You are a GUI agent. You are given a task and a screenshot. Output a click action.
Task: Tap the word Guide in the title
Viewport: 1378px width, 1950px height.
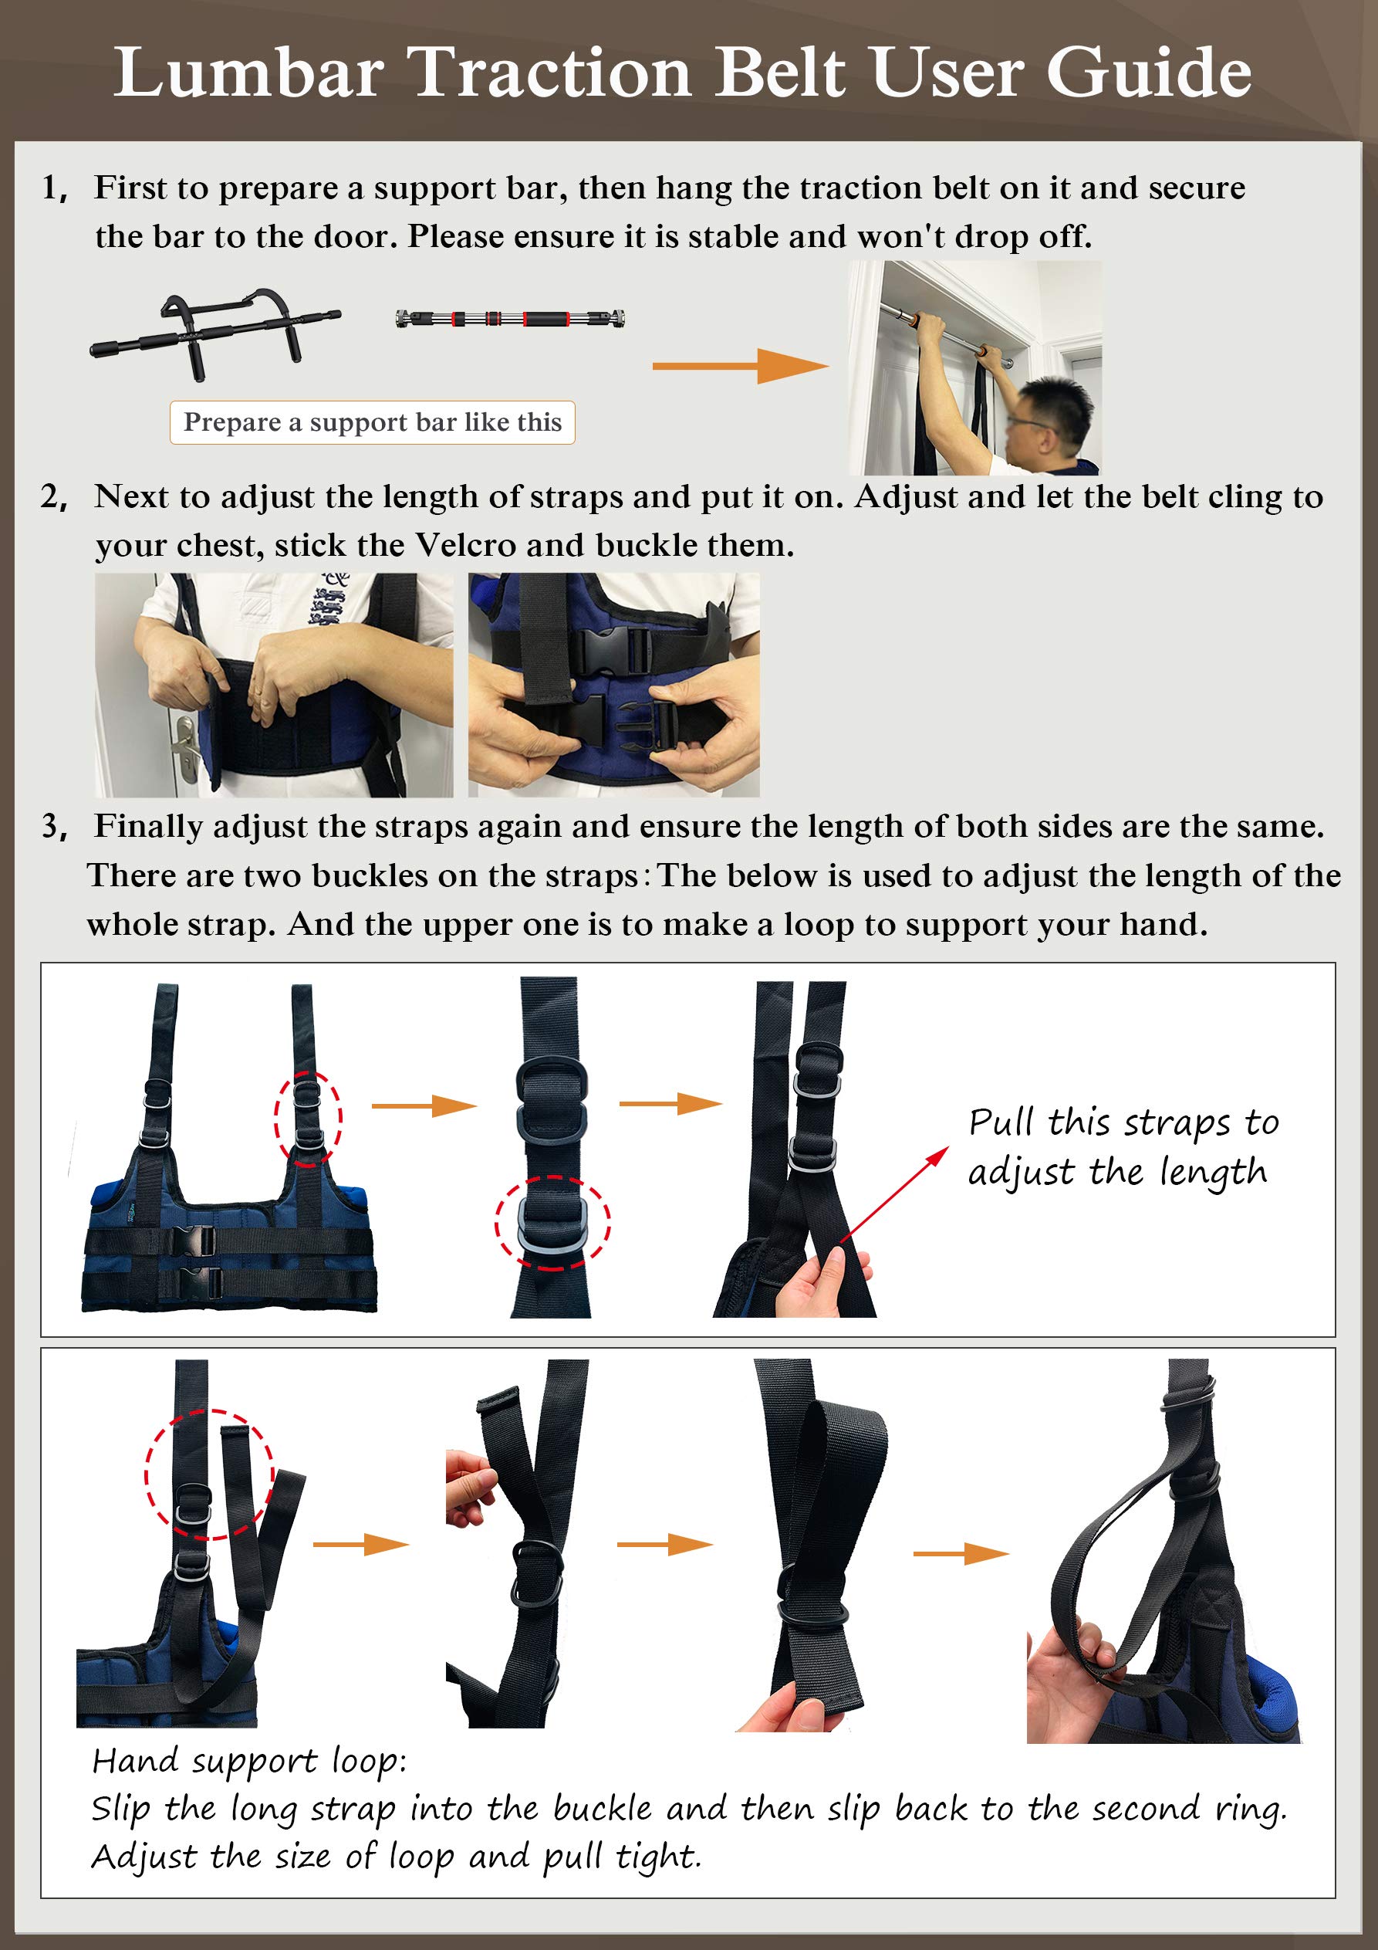(x=1148, y=74)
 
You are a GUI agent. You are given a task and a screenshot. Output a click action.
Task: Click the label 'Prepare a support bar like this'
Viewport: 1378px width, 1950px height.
(x=372, y=422)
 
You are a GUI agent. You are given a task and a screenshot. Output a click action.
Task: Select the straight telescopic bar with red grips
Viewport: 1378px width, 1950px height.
(x=510, y=320)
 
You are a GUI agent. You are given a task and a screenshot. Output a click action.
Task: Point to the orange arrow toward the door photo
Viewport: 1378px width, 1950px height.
(x=738, y=366)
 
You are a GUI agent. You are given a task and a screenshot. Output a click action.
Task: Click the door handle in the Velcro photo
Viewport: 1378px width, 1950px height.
(x=186, y=747)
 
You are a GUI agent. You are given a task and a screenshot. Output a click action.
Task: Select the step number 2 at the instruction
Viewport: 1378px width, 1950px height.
(x=52, y=497)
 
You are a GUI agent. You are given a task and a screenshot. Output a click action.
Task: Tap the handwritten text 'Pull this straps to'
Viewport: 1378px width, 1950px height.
(x=1123, y=1122)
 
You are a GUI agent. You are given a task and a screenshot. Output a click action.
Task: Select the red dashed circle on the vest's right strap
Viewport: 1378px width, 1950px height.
(x=307, y=1119)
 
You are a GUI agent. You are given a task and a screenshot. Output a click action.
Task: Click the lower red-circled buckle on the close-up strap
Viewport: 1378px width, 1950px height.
(x=552, y=1223)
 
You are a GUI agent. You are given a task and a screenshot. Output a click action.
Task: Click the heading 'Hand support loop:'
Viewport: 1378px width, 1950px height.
(x=248, y=1761)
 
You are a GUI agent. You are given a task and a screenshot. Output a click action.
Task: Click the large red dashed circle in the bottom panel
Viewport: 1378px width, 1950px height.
(x=209, y=1474)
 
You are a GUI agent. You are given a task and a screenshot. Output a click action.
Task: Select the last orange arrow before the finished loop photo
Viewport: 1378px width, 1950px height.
(x=961, y=1553)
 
